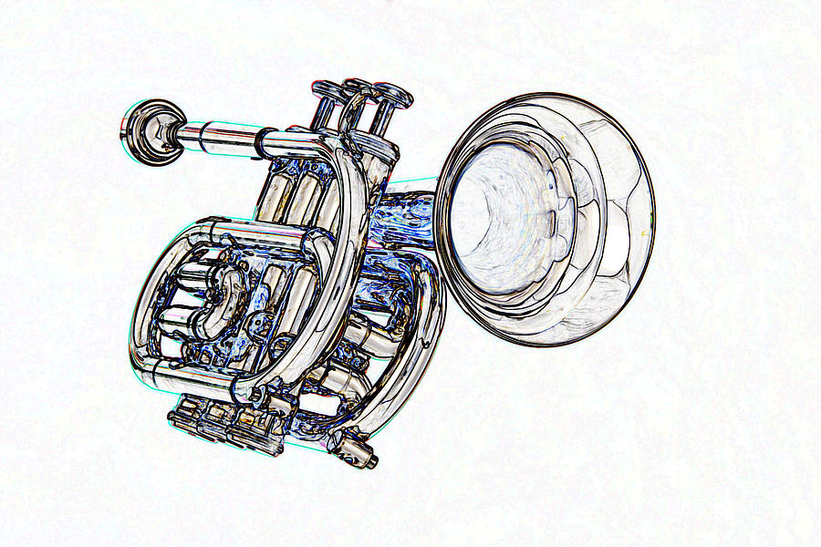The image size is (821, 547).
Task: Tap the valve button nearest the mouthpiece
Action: coord(327,90)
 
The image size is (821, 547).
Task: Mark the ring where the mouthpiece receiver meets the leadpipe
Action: coord(264,141)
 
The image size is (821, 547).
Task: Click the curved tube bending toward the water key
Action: coord(410,365)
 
